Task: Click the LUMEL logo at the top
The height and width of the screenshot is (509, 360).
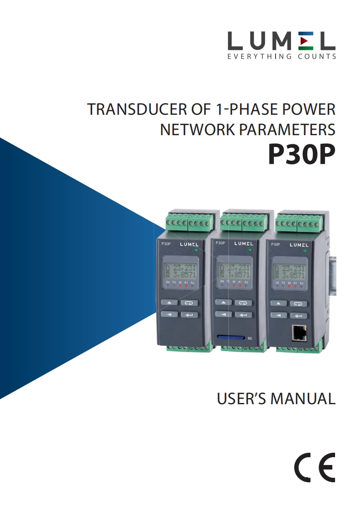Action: point(281,41)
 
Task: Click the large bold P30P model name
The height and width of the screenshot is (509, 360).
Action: point(301,155)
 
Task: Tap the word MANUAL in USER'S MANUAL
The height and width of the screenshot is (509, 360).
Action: point(303,399)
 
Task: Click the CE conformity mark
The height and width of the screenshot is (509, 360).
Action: point(317,467)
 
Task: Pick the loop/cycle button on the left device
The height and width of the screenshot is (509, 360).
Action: point(189,303)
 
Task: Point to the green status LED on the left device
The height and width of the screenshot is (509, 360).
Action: point(196,250)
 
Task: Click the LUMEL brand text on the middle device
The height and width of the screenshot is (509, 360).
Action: point(244,244)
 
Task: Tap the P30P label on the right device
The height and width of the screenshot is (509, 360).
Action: point(276,244)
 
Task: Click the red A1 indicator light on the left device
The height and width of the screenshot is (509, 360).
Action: point(186,286)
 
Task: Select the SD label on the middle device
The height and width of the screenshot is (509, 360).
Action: point(249,338)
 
